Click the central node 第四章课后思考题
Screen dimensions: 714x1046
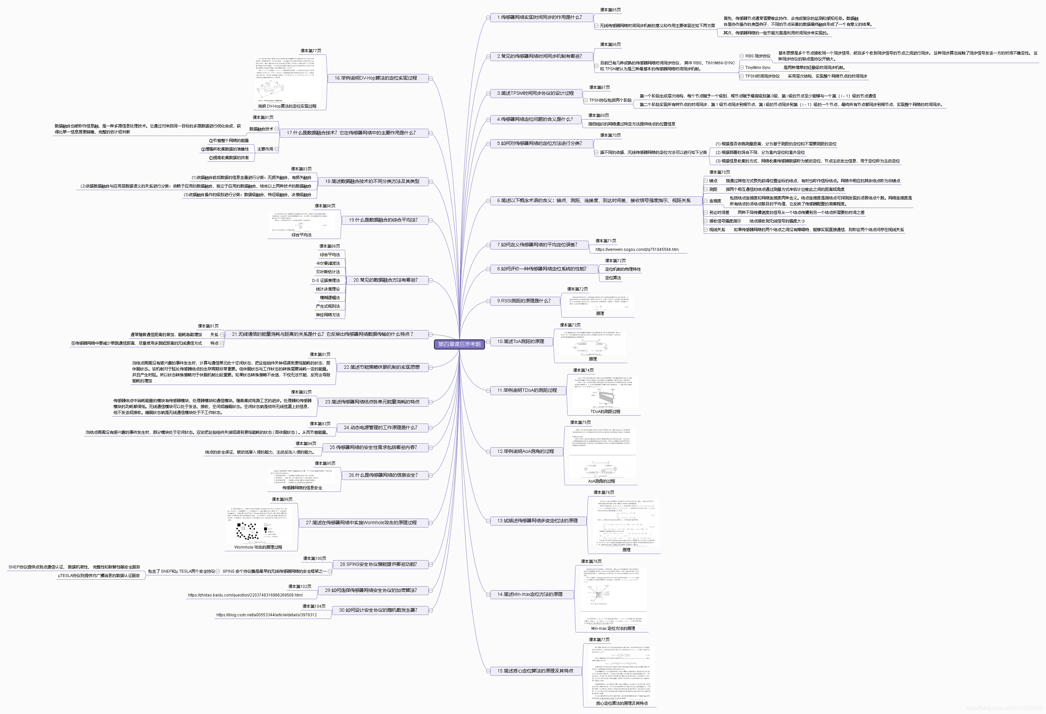[459, 344]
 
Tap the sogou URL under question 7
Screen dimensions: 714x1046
[637, 250]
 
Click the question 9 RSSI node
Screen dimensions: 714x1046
[523, 301]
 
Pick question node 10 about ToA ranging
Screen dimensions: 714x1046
[520, 342]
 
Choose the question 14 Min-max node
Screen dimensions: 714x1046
[529, 594]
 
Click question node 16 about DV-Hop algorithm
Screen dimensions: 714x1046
[376, 78]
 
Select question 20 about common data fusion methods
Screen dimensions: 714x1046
[385, 280]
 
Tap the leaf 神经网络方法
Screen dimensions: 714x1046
[328, 315]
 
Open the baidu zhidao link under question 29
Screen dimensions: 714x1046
[245, 595]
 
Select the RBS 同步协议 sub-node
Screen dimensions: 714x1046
[758, 56]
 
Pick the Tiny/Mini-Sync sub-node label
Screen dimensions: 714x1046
[758, 68]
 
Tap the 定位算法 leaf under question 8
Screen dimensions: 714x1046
[612, 278]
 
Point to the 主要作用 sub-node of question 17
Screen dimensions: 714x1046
[265, 149]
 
